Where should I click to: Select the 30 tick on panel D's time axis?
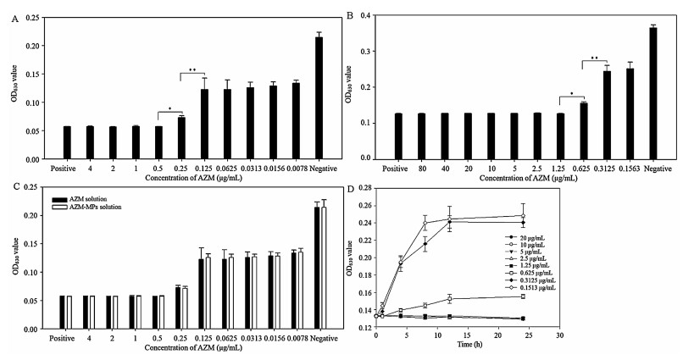tap(559, 336)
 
